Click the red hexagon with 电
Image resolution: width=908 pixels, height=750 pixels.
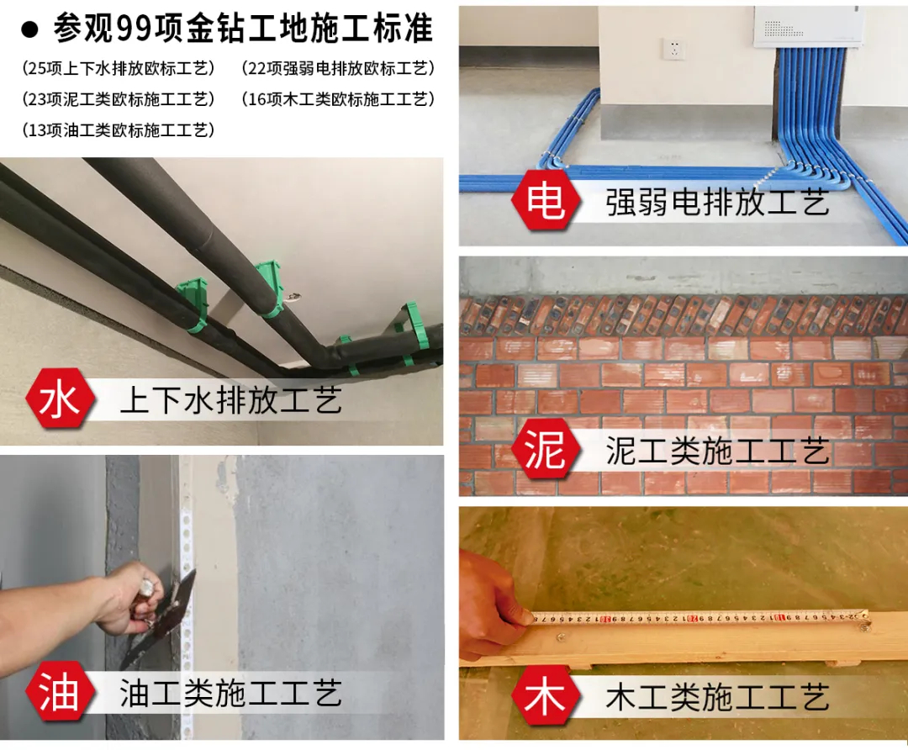[546, 200]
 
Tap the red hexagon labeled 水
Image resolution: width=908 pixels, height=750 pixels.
[60, 399]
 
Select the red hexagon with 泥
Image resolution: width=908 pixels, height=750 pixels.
[546, 448]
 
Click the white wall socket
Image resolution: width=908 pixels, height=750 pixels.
[674, 50]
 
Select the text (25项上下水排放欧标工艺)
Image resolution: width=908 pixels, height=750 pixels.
[119, 68]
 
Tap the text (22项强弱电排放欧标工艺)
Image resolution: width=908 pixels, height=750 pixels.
[338, 68]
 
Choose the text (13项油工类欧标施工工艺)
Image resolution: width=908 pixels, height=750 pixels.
[119, 129]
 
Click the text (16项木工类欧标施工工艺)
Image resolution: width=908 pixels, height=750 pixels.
[338, 99]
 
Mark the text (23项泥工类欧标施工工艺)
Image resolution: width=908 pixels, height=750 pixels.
[119, 99]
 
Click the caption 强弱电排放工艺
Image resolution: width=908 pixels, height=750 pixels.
[717, 202]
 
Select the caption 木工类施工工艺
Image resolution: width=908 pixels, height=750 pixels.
[717, 697]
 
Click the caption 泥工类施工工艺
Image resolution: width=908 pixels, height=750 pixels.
[717, 450]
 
